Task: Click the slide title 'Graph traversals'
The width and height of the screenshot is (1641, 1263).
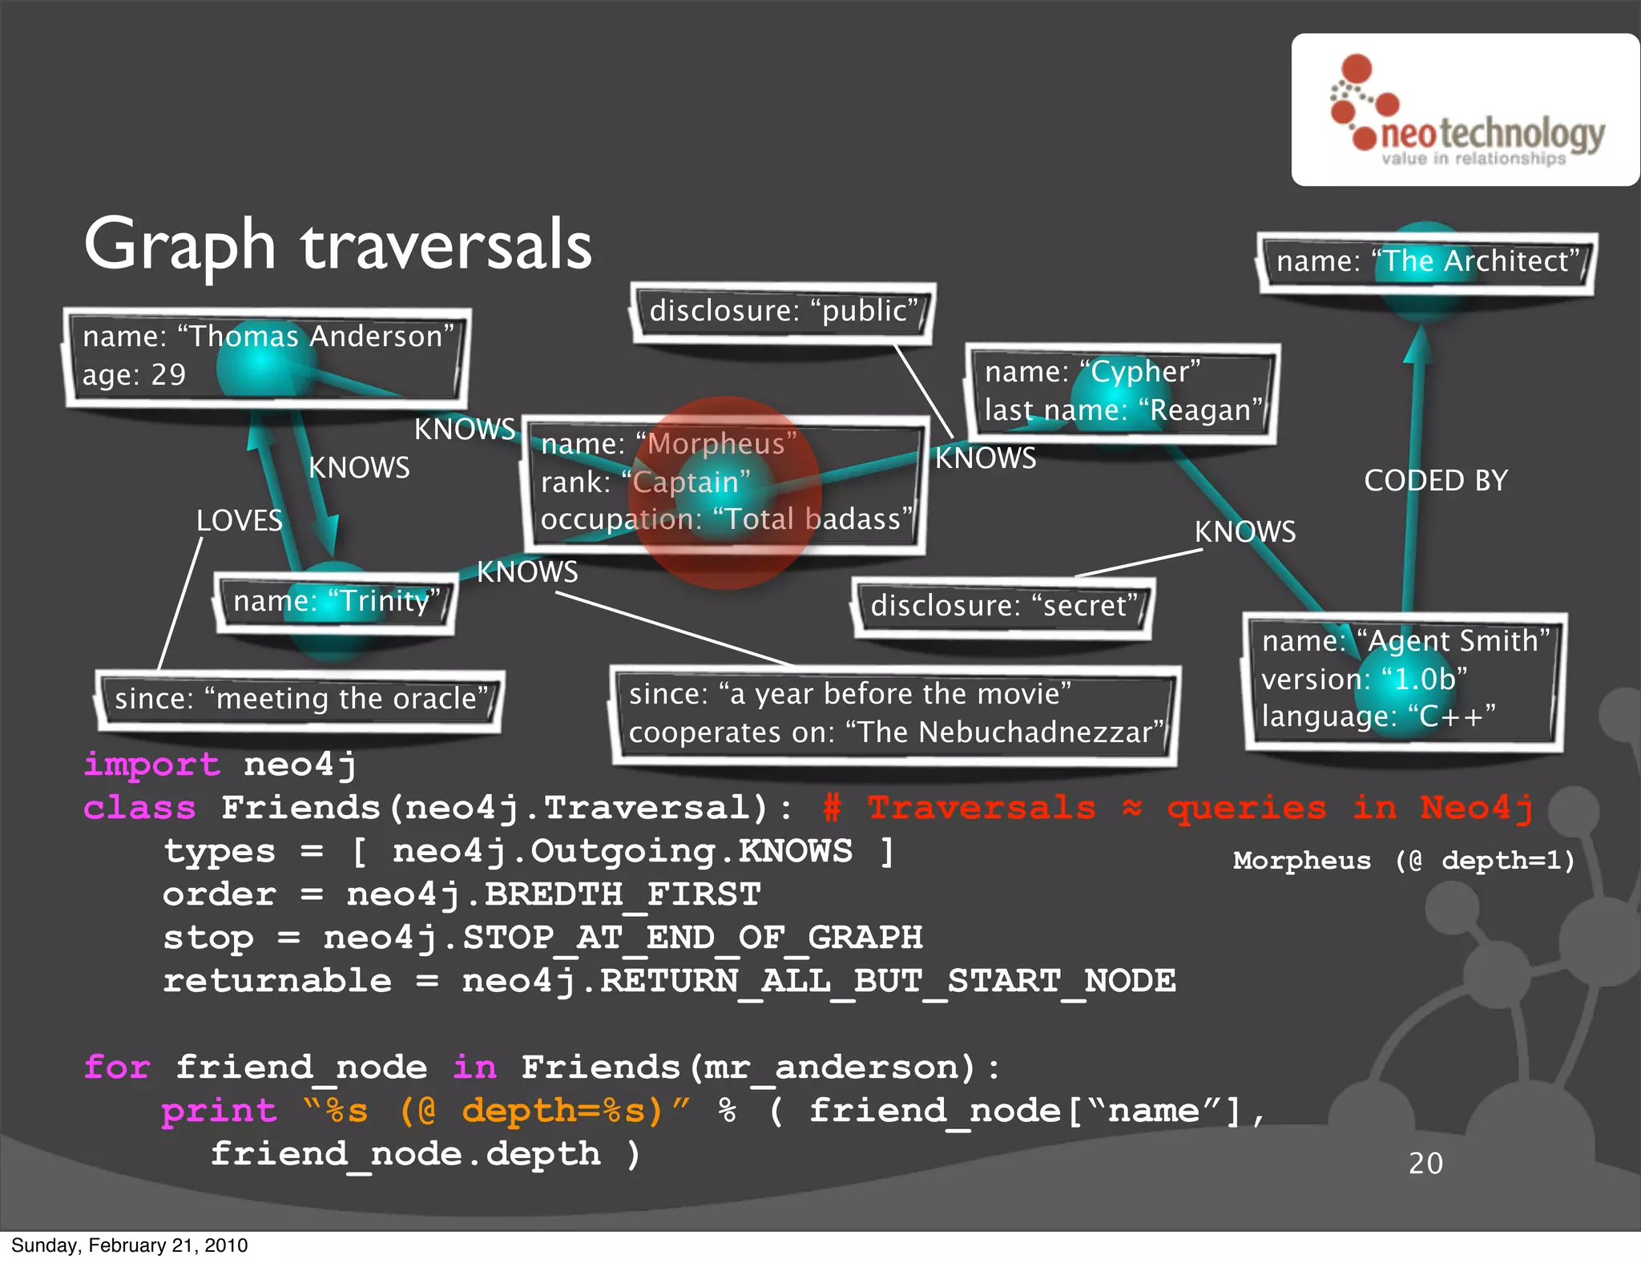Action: tap(337, 244)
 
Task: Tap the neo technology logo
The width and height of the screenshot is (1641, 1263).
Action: tap(1466, 111)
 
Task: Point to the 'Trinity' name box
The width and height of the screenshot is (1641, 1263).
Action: tap(335, 602)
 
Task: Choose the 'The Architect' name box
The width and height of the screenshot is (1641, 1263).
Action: tap(1427, 262)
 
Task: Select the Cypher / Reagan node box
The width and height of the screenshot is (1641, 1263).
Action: tap(1122, 392)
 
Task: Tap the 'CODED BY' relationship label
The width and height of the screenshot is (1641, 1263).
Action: tap(1435, 481)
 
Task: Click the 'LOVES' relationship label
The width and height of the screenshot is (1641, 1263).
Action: tap(240, 521)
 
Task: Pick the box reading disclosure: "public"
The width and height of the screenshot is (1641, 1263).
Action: tap(783, 312)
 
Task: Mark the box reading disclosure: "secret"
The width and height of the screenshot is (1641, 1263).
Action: tap(1003, 606)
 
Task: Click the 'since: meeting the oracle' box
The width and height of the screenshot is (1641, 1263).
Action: tap(300, 700)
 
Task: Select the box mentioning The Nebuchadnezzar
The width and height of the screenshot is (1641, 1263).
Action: tap(894, 713)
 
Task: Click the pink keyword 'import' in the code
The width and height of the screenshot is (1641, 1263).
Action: tap(151, 765)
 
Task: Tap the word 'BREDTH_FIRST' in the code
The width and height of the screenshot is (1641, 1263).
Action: tap(623, 894)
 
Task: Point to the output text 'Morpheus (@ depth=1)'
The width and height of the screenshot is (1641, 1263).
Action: tap(1404, 861)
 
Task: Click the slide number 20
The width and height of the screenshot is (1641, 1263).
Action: tap(1425, 1163)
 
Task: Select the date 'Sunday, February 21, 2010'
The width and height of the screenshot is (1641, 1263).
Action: tap(130, 1245)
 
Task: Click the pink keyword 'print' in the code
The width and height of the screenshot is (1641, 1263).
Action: tap(219, 1111)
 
